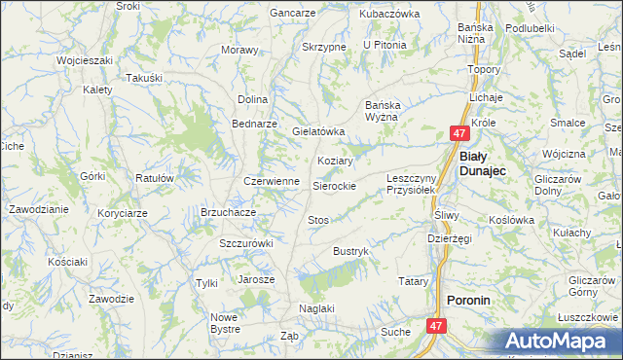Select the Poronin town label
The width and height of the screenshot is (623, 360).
pyautogui.click(x=468, y=301)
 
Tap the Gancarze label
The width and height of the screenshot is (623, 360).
pyautogui.click(x=293, y=14)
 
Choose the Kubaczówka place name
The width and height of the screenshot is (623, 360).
pyautogui.click(x=388, y=14)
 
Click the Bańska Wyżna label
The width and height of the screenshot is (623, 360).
pyautogui.click(x=390, y=110)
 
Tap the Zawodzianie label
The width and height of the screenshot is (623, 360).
pyautogui.click(x=38, y=209)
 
